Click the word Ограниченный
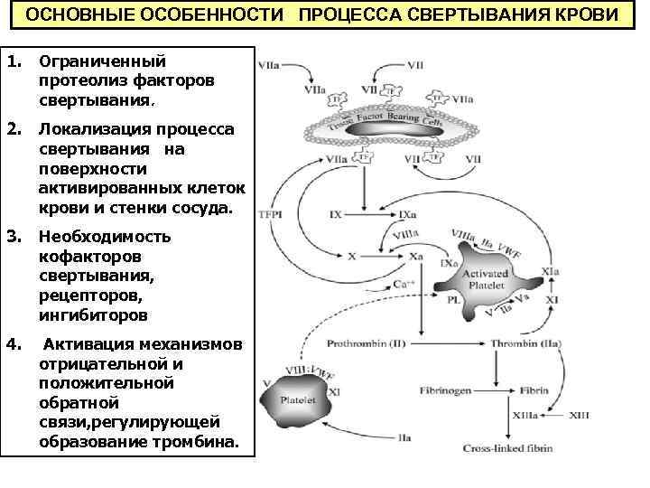point(101,61)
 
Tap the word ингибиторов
point(94,316)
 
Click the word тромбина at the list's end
point(203,444)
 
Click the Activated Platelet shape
point(484,284)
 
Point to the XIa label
point(550,271)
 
